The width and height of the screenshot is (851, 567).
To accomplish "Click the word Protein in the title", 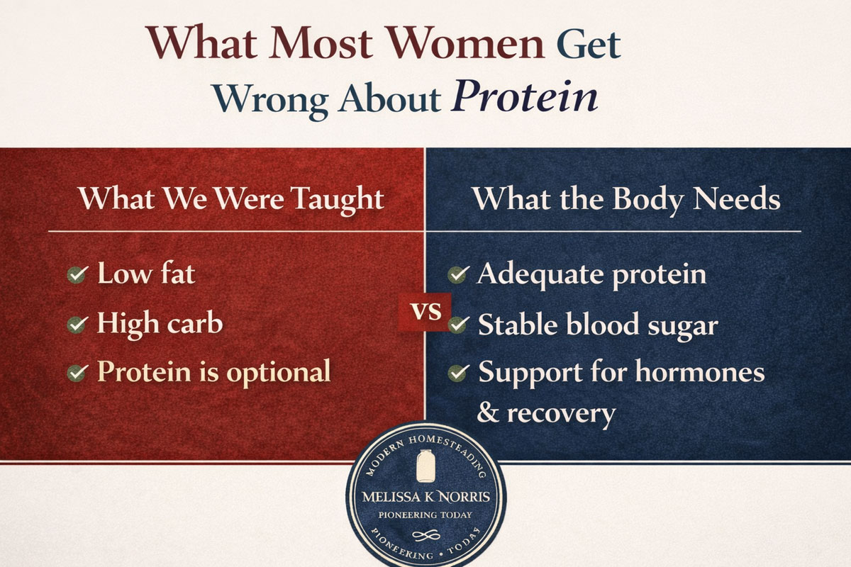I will click(x=525, y=98).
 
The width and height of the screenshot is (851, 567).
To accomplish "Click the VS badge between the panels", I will click(x=426, y=311).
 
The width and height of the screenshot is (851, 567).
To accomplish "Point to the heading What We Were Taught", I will click(x=231, y=198).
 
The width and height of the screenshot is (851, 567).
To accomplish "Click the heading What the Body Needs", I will click(x=626, y=199).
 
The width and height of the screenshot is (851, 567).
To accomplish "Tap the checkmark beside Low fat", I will click(x=77, y=274).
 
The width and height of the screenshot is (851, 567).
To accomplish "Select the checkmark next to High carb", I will click(x=77, y=325).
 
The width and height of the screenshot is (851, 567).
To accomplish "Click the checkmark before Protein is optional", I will click(x=77, y=372).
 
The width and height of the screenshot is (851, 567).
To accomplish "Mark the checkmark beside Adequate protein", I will click(x=459, y=274).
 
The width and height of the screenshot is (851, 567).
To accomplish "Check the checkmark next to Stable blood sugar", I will click(x=459, y=325).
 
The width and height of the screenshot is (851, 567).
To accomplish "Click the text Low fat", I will click(x=145, y=274).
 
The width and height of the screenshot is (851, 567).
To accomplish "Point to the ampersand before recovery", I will click(x=487, y=412).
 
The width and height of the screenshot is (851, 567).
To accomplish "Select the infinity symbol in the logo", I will click(x=425, y=534).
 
